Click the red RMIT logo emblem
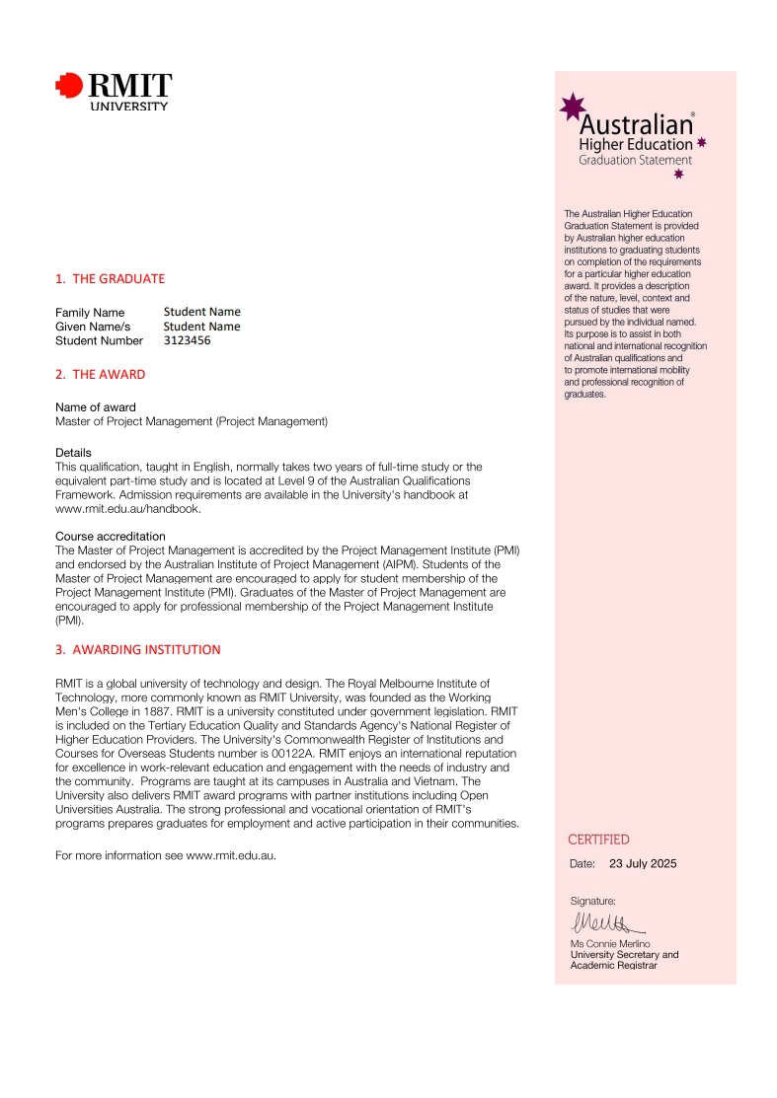(69, 87)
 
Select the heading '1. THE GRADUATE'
(110, 278)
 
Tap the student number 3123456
(187, 340)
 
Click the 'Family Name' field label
(90, 313)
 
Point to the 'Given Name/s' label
(93, 327)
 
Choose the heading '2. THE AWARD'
(100, 375)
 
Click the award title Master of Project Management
(191, 421)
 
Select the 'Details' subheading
(73, 453)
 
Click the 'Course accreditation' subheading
(111, 537)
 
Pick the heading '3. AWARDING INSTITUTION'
(137, 650)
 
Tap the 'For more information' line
(165, 855)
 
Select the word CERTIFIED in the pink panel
(598, 840)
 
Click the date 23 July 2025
(643, 864)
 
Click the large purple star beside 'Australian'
(572, 107)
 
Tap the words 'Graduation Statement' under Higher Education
(635, 160)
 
